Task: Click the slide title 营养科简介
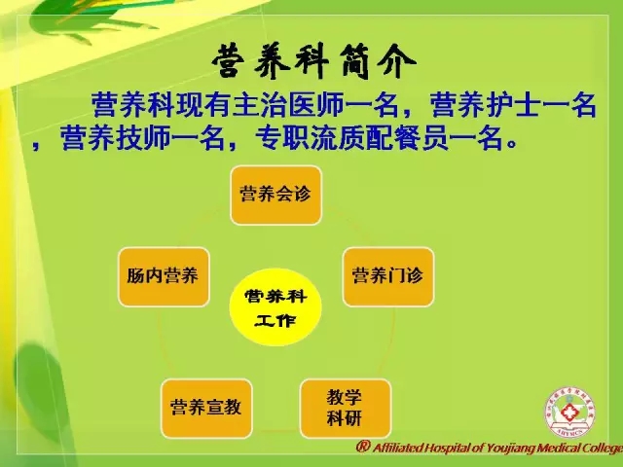(313, 61)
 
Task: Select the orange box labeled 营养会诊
(275, 195)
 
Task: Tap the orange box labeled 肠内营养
(164, 276)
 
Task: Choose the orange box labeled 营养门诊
(388, 276)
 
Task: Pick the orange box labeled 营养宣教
(206, 409)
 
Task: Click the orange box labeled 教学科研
(346, 409)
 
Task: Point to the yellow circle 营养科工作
(275, 307)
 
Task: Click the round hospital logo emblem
(569, 413)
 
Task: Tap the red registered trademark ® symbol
(362, 447)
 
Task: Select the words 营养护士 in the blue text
(486, 105)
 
